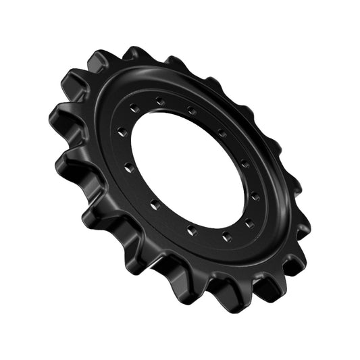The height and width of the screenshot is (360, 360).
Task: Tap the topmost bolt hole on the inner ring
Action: [160, 101]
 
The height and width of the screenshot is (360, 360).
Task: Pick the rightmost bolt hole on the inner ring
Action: [255, 197]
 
